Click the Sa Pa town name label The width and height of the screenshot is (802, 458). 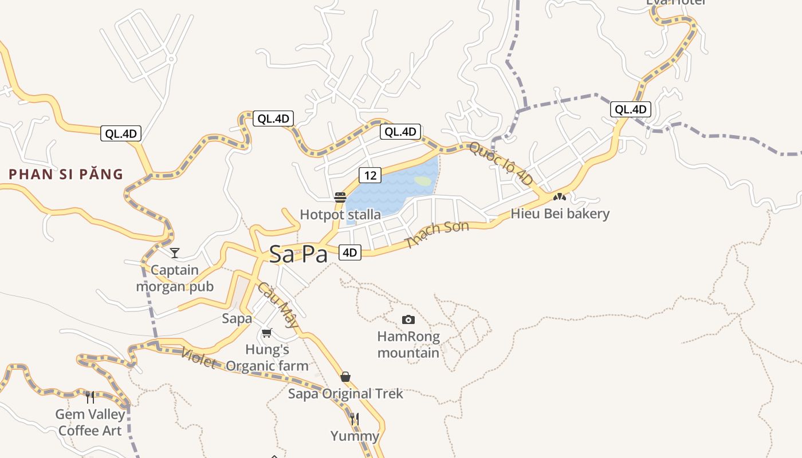pos(298,254)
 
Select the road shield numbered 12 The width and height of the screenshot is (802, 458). pos(370,175)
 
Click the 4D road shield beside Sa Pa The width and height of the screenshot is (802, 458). pos(349,252)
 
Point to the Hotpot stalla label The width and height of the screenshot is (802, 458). pos(340,215)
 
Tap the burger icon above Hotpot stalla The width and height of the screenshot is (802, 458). pos(340,198)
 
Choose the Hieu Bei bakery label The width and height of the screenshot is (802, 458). pos(560,214)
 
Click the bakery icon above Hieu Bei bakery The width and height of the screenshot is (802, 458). pos(560,197)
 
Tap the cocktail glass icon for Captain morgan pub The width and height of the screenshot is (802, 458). pos(175,252)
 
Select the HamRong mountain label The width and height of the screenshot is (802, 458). pos(408,345)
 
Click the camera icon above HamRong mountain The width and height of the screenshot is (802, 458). pos(408,319)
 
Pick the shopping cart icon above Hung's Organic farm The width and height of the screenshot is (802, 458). pos(266,333)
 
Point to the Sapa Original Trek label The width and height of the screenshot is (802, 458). pos(345,394)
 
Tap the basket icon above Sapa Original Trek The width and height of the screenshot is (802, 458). pos(345,377)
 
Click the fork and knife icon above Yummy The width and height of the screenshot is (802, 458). pos(355,419)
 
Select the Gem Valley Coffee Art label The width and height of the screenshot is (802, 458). pos(90,422)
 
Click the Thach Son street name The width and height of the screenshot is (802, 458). pos(437,234)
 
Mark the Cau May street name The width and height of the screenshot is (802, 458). pos(278,305)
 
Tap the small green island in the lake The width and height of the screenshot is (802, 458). pos(423,181)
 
